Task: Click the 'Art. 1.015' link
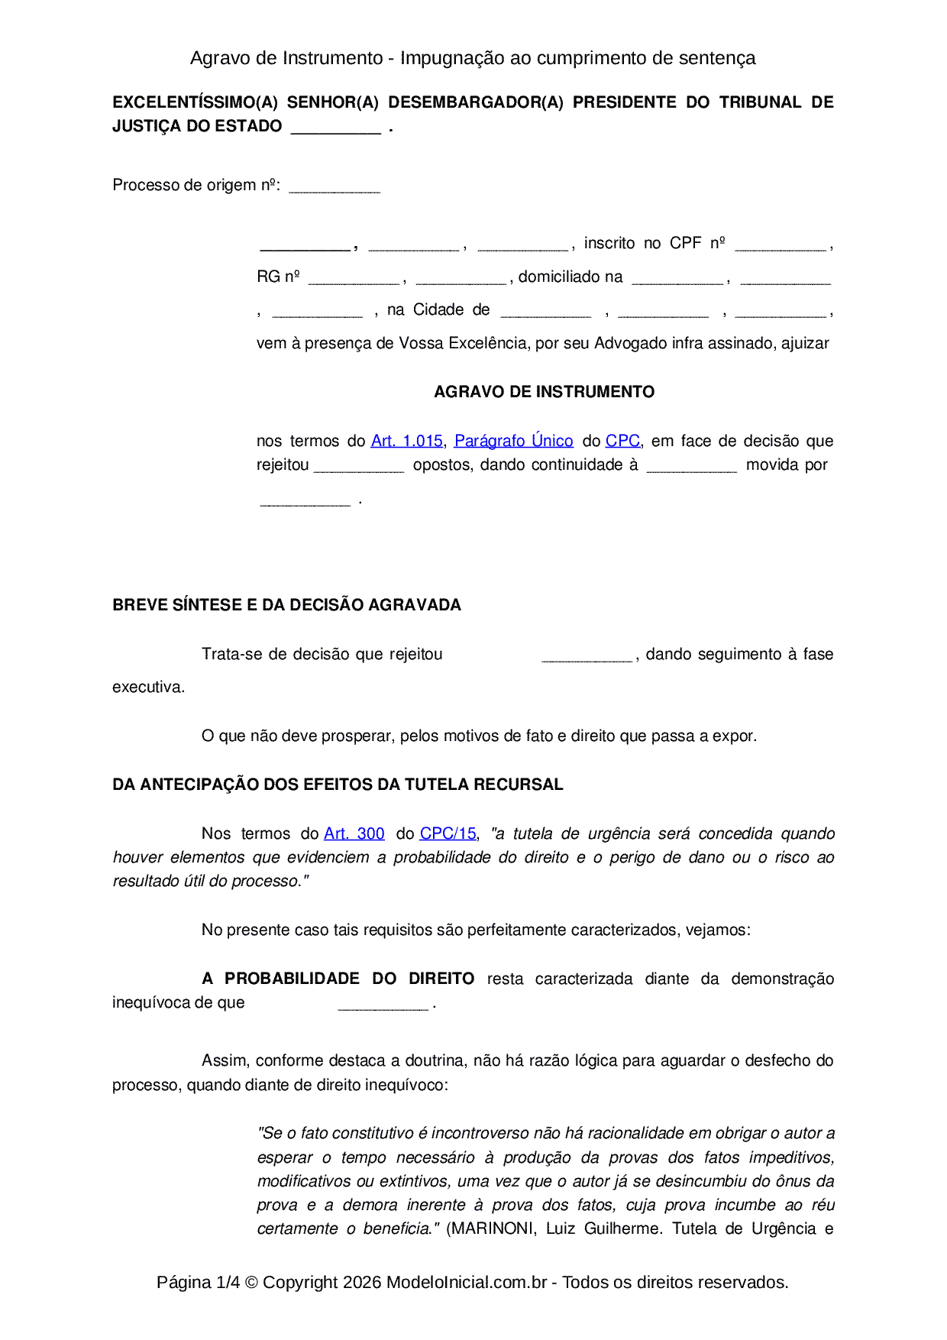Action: tap(406, 441)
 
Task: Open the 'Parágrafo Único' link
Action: tap(513, 441)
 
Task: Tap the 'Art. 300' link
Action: tap(354, 833)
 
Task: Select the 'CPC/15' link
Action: tap(448, 833)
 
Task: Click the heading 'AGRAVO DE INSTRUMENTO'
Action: tap(544, 392)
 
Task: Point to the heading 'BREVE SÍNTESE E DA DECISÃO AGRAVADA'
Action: tap(286, 605)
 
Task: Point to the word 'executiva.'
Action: tap(148, 687)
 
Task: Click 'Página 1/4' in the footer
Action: tap(198, 1282)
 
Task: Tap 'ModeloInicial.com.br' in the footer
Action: tap(466, 1282)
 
